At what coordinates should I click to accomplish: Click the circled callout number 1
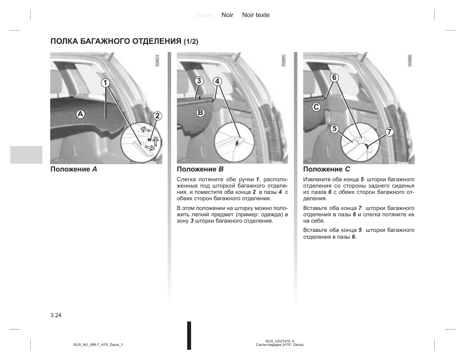[105, 83]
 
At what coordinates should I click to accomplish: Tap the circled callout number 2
[157, 115]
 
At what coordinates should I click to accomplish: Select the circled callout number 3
[199, 80]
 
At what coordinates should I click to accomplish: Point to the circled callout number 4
[217, 80]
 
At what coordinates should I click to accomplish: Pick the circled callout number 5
[334, 129]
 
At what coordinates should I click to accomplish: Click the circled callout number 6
[334, 77]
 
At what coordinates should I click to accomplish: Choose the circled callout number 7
[389, 132]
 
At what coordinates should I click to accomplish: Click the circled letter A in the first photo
[80, 114]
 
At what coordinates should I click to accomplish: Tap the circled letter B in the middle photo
[200, 113]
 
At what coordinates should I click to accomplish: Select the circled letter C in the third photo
[316, 107]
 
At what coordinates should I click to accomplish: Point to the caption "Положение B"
[200, 170]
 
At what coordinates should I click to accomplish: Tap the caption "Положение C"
[327, 170]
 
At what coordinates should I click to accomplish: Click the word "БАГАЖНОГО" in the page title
[103, 41]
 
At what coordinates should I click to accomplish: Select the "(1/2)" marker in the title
[191, 42]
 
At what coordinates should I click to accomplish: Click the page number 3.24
[56, 315]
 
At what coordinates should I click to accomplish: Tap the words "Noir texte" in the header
[256, 15]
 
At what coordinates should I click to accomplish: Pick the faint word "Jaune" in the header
[204, 15]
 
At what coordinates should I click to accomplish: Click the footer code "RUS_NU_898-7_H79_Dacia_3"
[98, 344]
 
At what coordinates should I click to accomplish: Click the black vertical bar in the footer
[189, 335]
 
